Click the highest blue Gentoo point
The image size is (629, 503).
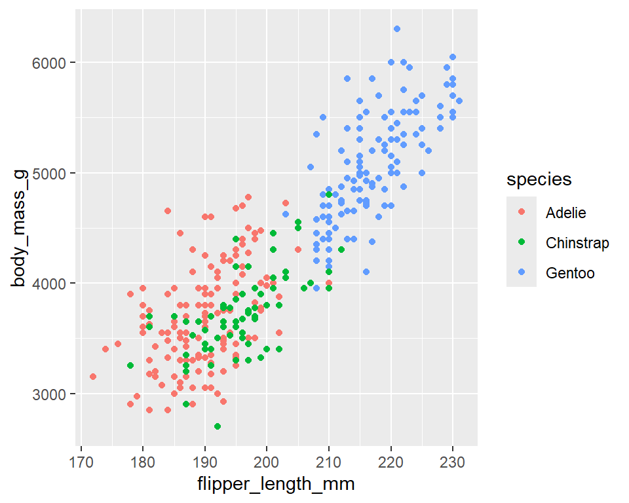[x=397, y=29]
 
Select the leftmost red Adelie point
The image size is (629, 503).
[x=93, y=377]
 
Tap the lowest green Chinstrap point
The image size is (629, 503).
[x=218, y=426]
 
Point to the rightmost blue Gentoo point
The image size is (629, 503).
[x=459, y=101]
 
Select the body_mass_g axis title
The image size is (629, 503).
[x=20, y=228]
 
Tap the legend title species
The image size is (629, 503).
[x=539, y=179]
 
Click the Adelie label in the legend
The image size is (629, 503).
[x=565, y=212]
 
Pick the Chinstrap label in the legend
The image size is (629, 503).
[x=577, y=243]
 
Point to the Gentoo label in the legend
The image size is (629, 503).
[x=570, y=273]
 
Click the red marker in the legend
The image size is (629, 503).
[x=522, y=212]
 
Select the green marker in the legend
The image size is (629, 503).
[x=522, y=243]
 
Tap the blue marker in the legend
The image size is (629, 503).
[x=522, y=273]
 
